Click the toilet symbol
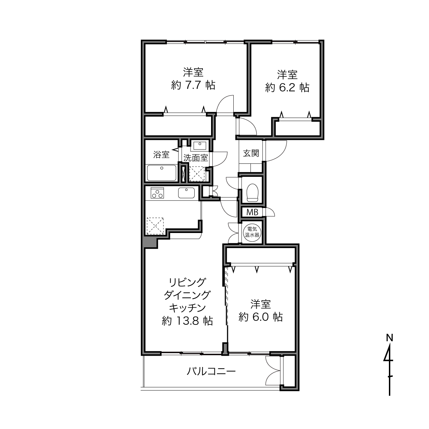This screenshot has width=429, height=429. (x=252, y=192)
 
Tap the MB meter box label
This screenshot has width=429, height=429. (x=252, y=212)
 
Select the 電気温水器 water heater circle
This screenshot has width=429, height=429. (x=252, y=232)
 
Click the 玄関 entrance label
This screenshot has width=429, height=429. (x=251, y=153)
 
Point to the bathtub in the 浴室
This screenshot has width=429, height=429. (x=162, y=173)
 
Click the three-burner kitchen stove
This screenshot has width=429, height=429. (x=157, y=193)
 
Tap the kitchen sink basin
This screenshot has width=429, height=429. (x=186, y=193)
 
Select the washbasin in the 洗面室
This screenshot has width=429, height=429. (x=200, y=146)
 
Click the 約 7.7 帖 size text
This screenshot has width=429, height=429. (x=193, y=85)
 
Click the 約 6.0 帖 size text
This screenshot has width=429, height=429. (x=260, y=317)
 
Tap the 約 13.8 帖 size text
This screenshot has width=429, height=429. (x=187, y=321)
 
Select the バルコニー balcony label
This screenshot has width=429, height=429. (x=211, y=371)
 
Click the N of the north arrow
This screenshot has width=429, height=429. (x=389, y=338)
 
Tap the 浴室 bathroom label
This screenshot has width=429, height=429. (x=161, y=154)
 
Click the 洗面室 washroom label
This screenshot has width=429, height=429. (x=195, y=158)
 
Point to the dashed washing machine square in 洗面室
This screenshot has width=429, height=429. (x=197, y=174)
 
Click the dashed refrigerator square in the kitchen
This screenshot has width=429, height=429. (x=155, y=226)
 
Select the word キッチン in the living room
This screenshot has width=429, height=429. (x=187, y=308)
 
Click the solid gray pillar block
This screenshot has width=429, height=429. (x=150, y=243)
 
